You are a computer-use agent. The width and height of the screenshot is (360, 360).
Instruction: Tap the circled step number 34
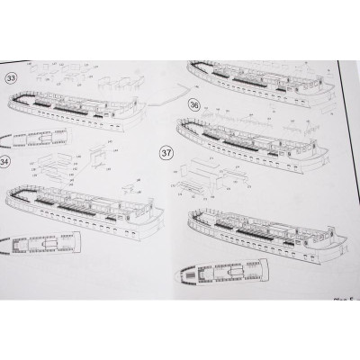(x=5, y=162)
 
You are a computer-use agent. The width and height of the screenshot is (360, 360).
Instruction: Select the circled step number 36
(x=193, y=104)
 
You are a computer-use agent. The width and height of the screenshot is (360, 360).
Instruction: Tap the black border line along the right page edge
(x=348, y=180)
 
